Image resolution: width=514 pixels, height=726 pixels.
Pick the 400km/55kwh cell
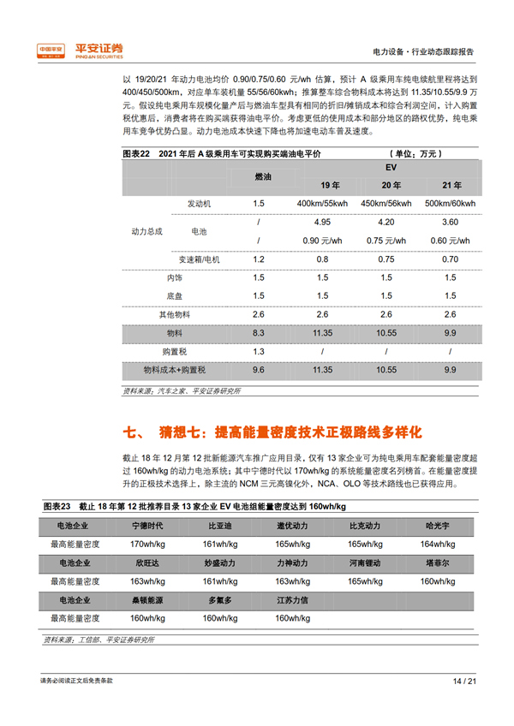(x=322, y=203)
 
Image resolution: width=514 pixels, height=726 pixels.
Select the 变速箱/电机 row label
(x=198, y=259)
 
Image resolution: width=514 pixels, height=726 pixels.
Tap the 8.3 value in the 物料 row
(x=259, y=332)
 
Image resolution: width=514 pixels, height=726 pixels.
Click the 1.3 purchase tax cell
(x=259, y=351)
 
